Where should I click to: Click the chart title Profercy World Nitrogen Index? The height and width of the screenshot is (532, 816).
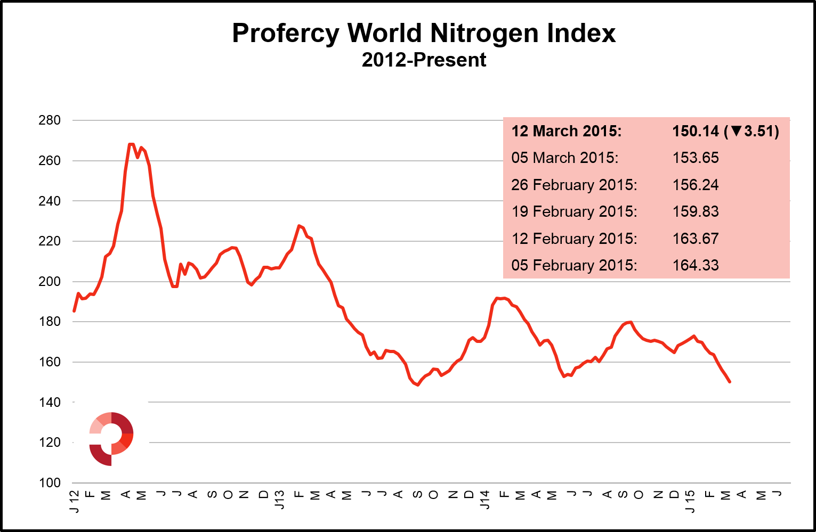pyautogui.click(x=424, y=33)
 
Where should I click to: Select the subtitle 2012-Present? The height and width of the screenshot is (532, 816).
pyautogui.click(x=424, y=60)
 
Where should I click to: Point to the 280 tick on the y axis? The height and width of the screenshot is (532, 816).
pyautogui.click(x=50, y=120)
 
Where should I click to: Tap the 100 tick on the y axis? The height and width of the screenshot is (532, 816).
pyautogui.click(x=50, y=483)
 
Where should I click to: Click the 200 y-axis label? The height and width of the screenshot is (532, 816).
pyautogui.click(x=50, y=282)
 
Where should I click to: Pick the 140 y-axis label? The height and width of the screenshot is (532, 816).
pyautogui.click(x=50, y=403)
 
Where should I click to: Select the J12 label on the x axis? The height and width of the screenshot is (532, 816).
pyautogui.click(x=74, y=502)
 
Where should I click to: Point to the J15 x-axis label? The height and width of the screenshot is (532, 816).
pyautogui.click(x=690, y=502)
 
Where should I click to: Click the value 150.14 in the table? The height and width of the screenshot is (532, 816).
pyautogui.click(x=695, y=131)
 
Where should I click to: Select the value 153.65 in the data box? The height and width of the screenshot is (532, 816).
pyautogui.click(x=695, y=158)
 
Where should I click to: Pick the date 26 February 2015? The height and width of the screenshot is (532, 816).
pyautogui.click(x=574, y=185)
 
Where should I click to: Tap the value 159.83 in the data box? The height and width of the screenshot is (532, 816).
pyautogui.click(x=695, y=211)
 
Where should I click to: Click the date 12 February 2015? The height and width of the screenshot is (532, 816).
pyautogui.click(x=574, y=239)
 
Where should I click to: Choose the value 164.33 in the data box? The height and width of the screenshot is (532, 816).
pyautogui.click(x=695, y=265)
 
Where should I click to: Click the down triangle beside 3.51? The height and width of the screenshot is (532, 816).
pyautogui.click(x=736, y=131)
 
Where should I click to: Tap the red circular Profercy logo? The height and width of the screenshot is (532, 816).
pyautogui.click(x=111, y=438)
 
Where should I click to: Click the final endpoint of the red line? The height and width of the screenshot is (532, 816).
pyautogui.click(x=730, y=382)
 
